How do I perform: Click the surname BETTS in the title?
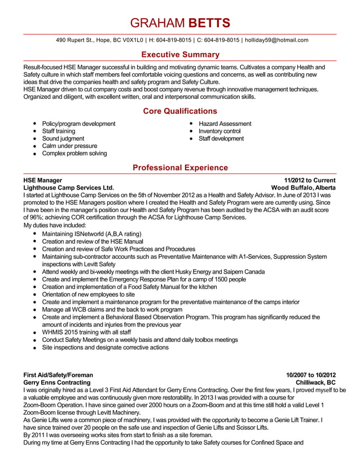[x=209, y=23]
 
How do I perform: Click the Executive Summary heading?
[x=180, y=55]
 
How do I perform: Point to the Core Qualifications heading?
[x=180, y=111]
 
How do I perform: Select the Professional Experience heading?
[x=180, y=168]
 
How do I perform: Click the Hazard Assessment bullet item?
[x=225, y=124]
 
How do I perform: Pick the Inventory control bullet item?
[x=219, y=131]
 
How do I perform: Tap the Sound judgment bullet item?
[x=63, y=138]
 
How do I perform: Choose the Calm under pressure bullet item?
[x=69, y=146]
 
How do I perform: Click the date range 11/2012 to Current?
[x=310, y=180]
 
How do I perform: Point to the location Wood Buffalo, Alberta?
[x=304, y=187]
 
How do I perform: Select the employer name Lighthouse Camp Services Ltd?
[x=68, y=187]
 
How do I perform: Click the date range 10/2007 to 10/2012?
[x=311, y=375]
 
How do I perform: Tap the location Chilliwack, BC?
[x=315, y=382]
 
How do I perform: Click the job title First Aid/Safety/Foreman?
[x=58, y=375]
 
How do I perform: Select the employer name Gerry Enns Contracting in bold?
[x=56, y=382]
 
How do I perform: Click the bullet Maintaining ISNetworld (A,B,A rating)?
[x=91, y=234]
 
